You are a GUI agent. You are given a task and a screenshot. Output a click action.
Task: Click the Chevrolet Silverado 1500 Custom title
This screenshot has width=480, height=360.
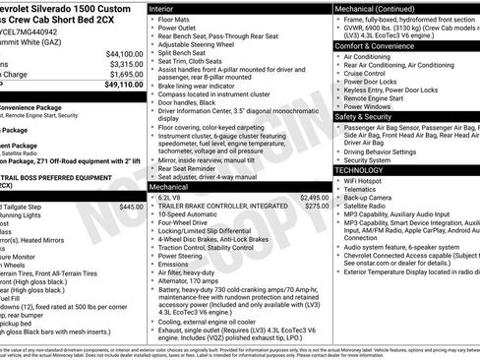pyautogui.click(x=69, y=7)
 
